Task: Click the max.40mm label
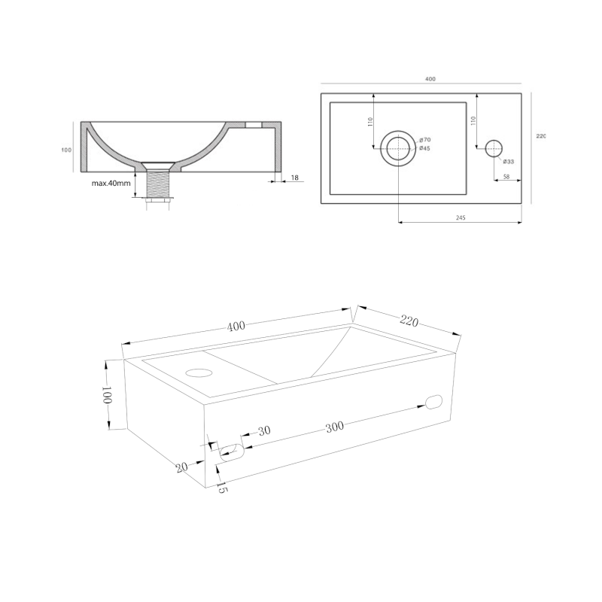tap(111, 183)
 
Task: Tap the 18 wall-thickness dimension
tap(295, 178)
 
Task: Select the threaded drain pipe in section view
tap(157, 184)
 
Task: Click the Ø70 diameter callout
tap(425, 140)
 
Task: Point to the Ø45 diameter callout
tap(425, 148)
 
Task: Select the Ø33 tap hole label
tap(509, 162)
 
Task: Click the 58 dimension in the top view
tap(506, 177)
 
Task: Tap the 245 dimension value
tap(461, 217)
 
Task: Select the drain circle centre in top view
tap(398, 148)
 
